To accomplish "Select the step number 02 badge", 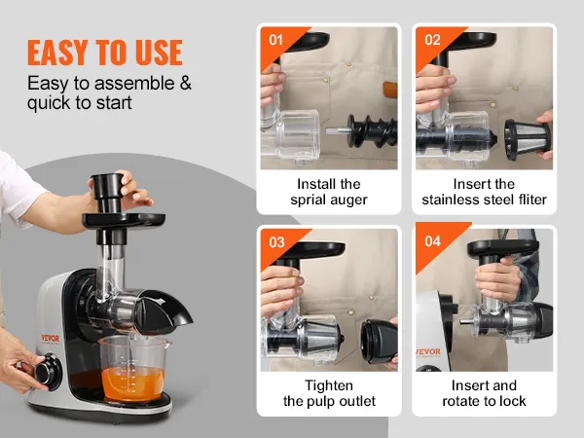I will point(432,39).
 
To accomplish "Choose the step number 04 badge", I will point(432,241).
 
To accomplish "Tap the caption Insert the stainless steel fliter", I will point(485,192).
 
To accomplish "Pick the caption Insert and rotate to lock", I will point(485,393).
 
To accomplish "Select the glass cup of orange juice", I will point(133,367).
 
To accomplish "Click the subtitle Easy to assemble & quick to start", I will point(109,93).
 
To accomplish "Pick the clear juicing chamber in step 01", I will point(298,131).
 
